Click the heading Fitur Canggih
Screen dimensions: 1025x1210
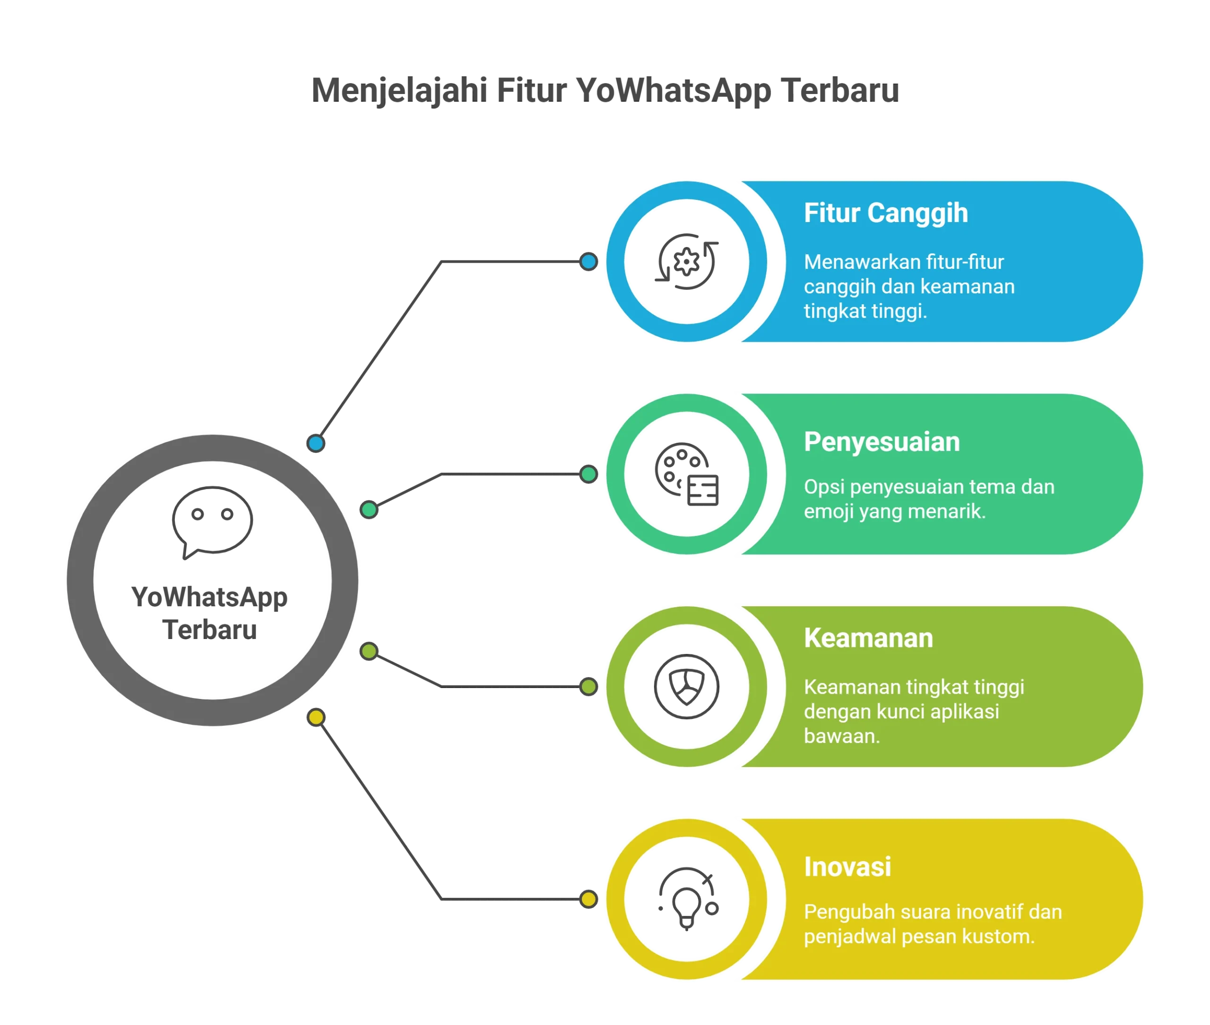886,213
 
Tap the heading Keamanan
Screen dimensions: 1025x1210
868,638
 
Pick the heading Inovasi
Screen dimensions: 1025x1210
847,867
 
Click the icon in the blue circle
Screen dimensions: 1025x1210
687,261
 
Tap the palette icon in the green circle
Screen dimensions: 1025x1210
687,474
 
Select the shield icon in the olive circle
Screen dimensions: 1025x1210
687,687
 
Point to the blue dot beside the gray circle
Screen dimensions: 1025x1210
316,444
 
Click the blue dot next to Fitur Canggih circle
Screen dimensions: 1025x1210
588,261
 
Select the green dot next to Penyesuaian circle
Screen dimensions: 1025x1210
588,474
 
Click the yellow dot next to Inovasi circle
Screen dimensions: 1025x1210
588,899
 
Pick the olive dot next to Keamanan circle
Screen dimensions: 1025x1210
588,687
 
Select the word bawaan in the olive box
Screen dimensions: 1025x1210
841,736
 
